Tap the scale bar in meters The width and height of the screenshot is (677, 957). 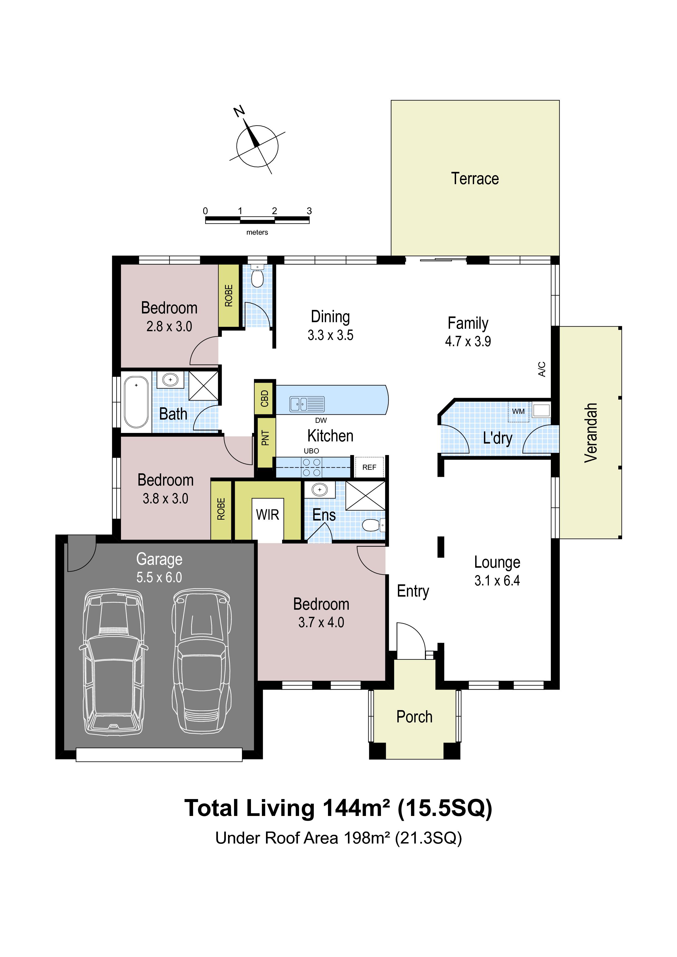pyautogui.click(x=257, y=220)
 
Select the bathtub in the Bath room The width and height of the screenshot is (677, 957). pyautogui.click(x=136, y=402)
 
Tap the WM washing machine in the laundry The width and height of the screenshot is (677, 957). pyautogui.click(x=519, y=411)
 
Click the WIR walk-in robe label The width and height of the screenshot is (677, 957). pyautogui.click(x=267, y=515)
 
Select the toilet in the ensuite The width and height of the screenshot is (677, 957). pyautogui.click(x=373, y=525)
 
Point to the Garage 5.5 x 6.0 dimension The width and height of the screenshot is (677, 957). pyautogui.click(x=159, y=577)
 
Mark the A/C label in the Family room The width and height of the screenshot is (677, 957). pyautogui.click(x=542, y=369)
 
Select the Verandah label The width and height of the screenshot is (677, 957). pyautogui.click(x=591, y=433)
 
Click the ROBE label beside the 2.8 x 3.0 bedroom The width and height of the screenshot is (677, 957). pyautogui.click(x=229, y=295)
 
